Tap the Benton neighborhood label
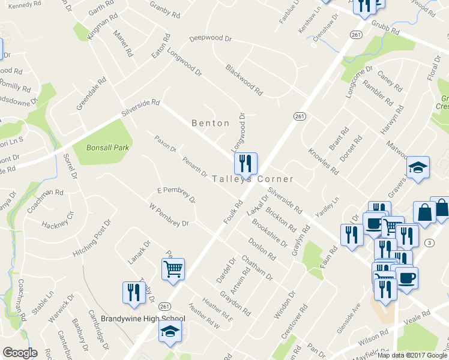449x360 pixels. [x=210, y=123]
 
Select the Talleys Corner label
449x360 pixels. [x=253, y=179]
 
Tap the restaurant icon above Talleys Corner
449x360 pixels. [x=246, y=163]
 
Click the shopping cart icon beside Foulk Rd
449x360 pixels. [x=173, y=269]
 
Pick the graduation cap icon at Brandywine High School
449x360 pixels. [x=170, y=331]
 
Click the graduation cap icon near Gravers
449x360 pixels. [x=418, y=169]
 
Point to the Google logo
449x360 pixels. [x=20, y=353]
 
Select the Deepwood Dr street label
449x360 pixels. [x=210, y=38]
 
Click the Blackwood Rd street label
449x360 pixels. [x=244, y=80]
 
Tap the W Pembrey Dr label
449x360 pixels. [x=169, y=215]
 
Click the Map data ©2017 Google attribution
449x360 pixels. [x=412, y=355]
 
